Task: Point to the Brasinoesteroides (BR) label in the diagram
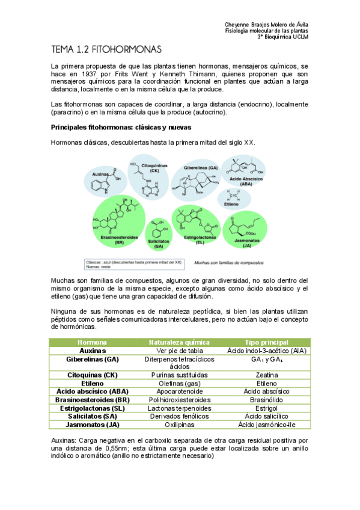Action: coord(111,239)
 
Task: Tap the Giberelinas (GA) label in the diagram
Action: coord(200,167)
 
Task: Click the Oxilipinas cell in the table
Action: coord(180,424)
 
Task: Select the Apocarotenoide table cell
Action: coord(180,391)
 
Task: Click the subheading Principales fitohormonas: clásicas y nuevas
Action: coord(121,128)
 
